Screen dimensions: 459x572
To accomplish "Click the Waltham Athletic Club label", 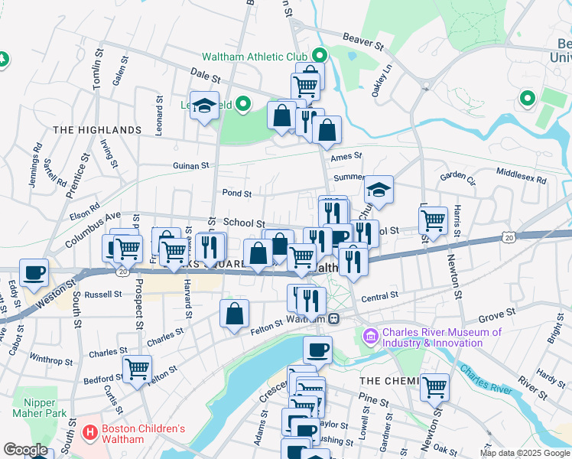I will [x=254, y=57].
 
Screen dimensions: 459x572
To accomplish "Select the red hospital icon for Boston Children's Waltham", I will [x=91, y=434].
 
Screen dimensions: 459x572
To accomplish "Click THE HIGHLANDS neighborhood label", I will [x=97, y=131].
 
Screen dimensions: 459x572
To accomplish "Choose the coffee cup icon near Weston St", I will [x=34, y=272].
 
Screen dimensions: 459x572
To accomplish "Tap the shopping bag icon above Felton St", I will [x=234, y=312].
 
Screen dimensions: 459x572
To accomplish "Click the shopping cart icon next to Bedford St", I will [x=138, y=369].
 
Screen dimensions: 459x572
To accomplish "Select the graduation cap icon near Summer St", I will [x=379, y=188].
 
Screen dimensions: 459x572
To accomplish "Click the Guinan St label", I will [x=190, y=166].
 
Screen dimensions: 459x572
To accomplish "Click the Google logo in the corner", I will [x=25, y=450].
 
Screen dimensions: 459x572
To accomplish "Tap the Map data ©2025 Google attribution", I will [x=524, y=453].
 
